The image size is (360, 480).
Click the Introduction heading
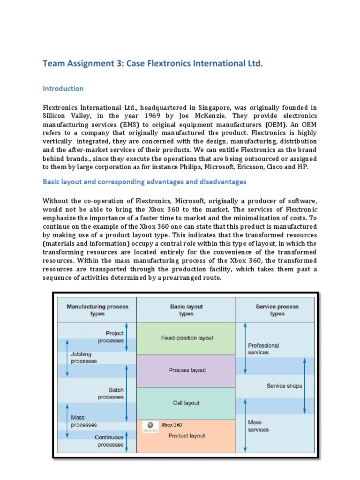63,89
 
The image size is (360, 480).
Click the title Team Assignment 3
153,63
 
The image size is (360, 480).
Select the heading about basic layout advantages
144,181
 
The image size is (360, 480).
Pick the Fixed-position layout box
187,337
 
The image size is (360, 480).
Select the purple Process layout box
187,370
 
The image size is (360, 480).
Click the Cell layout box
187,403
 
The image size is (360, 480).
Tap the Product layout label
187,435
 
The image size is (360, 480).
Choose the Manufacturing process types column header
97,310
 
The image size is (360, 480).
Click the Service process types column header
277,310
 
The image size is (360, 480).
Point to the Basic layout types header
186,310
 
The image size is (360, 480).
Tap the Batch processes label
111,393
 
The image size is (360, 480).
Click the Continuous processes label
109,441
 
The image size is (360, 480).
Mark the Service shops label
284,386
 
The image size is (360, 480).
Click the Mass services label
258,426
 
